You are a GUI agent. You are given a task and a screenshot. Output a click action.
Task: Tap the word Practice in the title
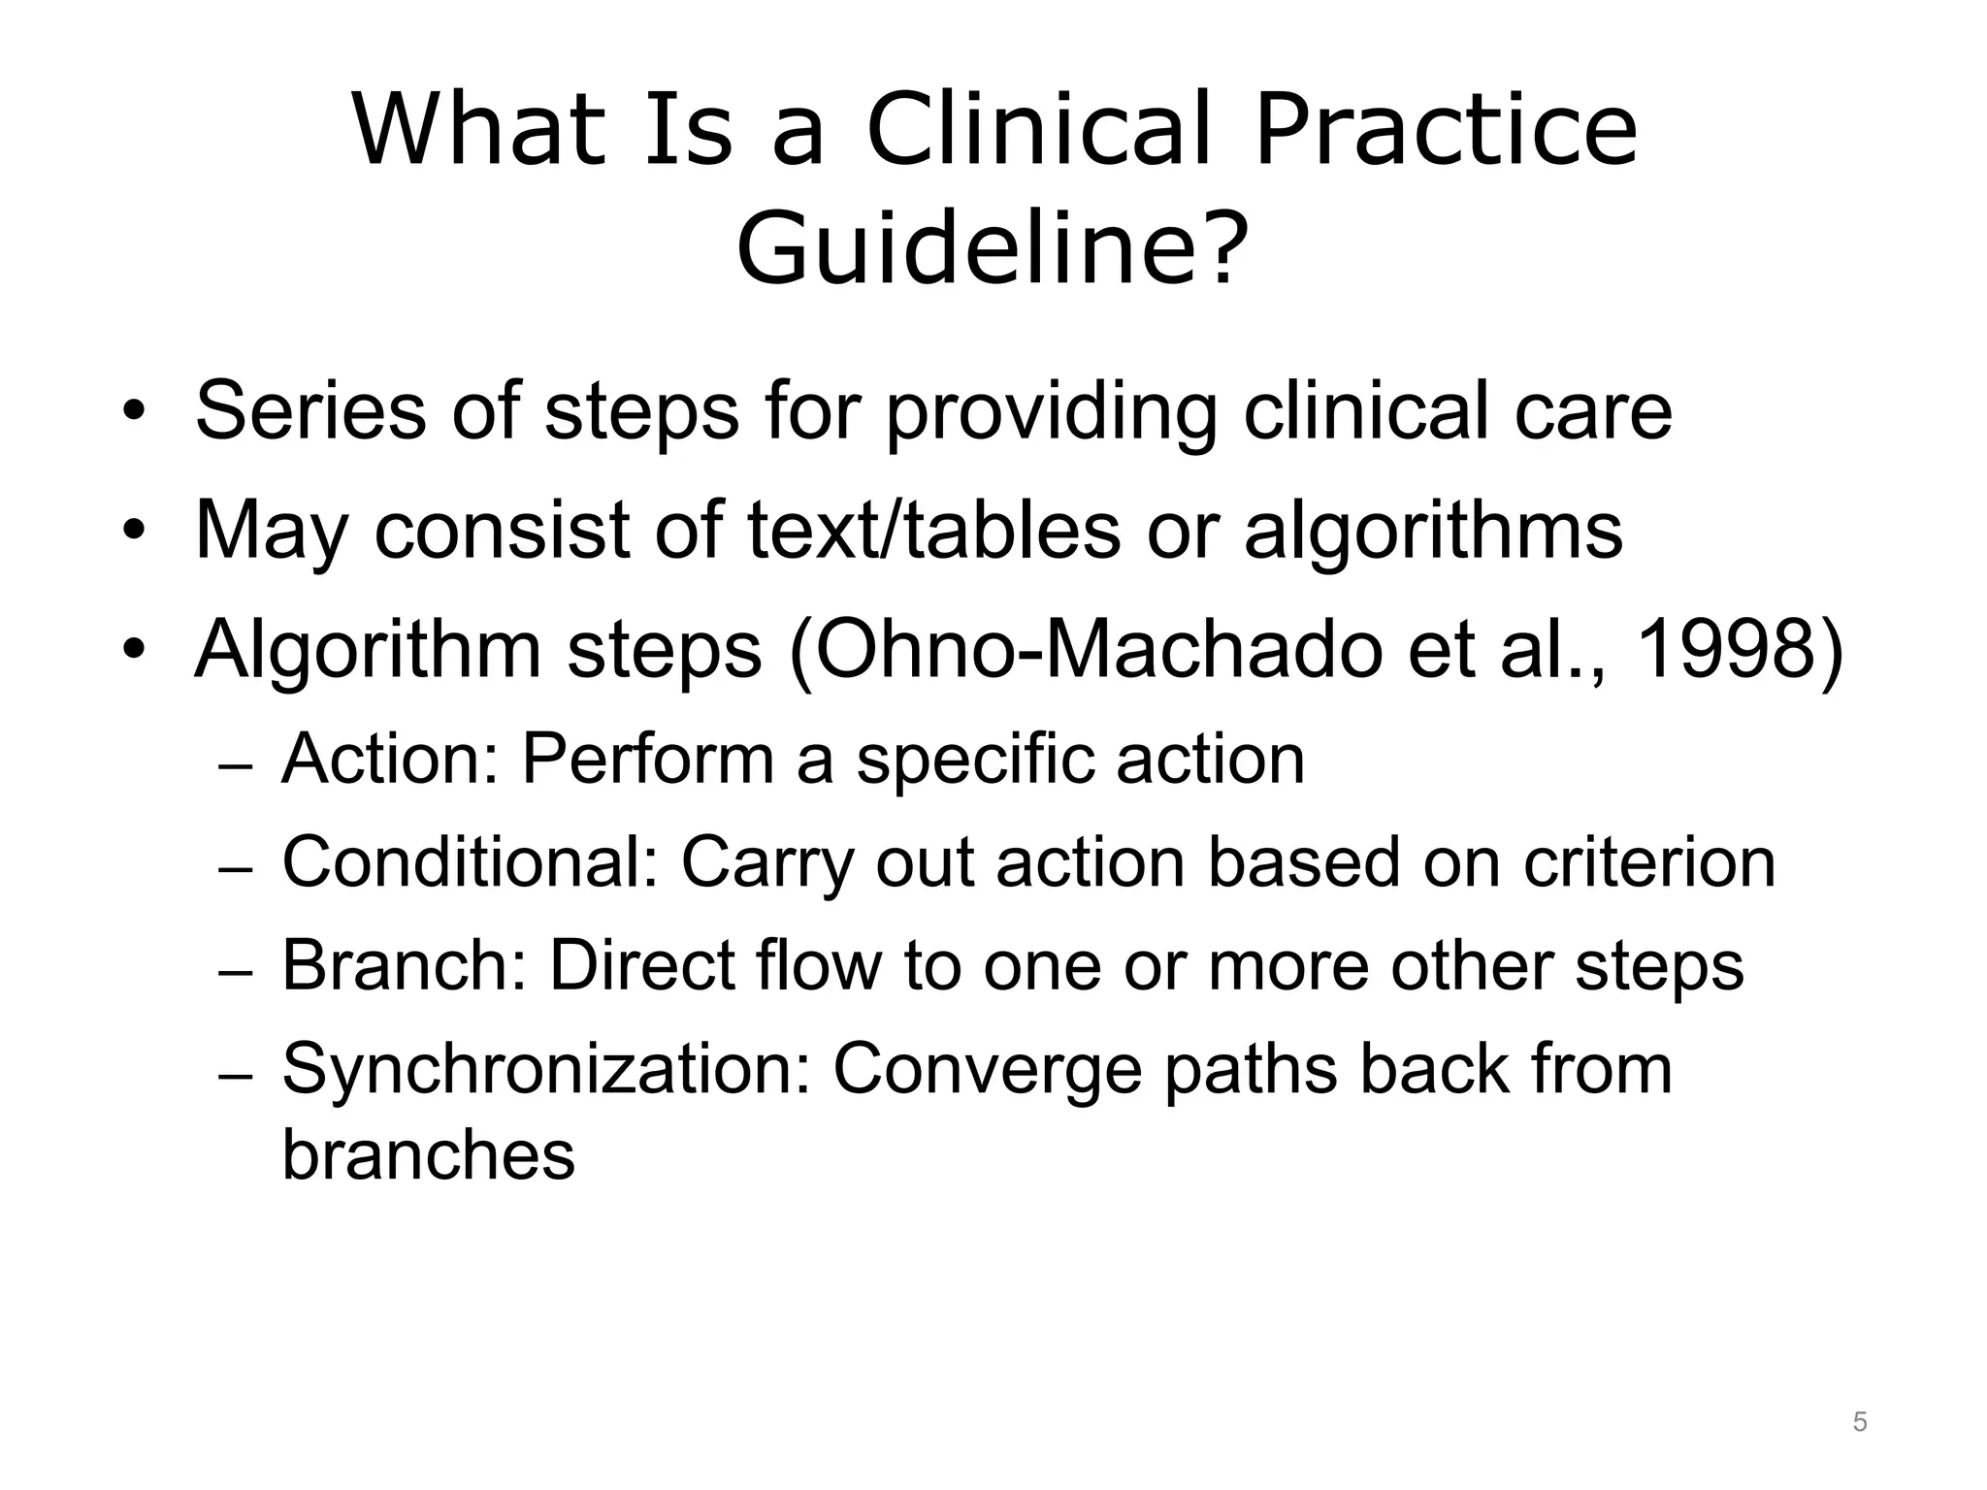[x=1446, y=131]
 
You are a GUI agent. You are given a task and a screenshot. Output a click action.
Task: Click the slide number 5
[x=1859, y=1422]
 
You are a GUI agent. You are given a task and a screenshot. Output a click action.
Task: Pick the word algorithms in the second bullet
[x=1433, y=532]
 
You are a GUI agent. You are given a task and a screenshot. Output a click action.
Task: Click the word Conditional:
[x=470, y=861]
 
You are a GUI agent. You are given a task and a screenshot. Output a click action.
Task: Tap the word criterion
[x=1648, y=861]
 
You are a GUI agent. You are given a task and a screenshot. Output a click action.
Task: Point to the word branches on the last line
[x=428, y=1154]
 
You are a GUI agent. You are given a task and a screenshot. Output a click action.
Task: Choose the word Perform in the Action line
[x=647, y=759]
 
